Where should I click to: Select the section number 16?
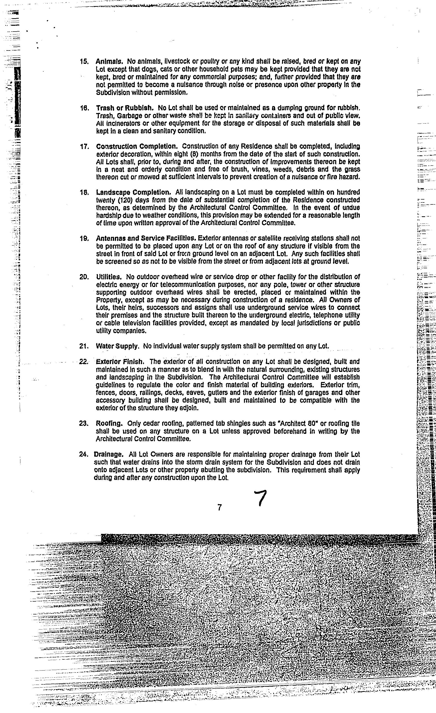click(x=84, y=108)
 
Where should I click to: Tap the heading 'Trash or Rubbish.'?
click(x=125, y=108)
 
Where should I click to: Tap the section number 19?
click(x=84, y=238)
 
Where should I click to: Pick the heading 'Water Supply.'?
click(x=118, y=346)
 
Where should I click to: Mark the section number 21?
click(x=83, y=346)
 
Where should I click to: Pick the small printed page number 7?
click(x=220, y=507)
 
